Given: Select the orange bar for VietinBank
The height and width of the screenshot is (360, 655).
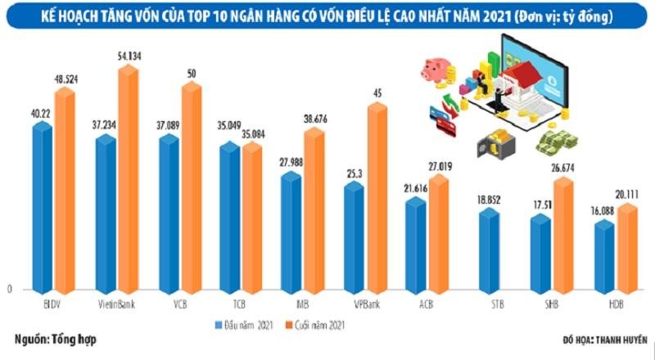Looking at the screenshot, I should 129,180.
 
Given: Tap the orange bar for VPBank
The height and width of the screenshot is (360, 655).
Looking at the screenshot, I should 377,196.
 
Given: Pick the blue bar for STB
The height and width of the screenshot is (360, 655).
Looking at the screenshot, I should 489,250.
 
